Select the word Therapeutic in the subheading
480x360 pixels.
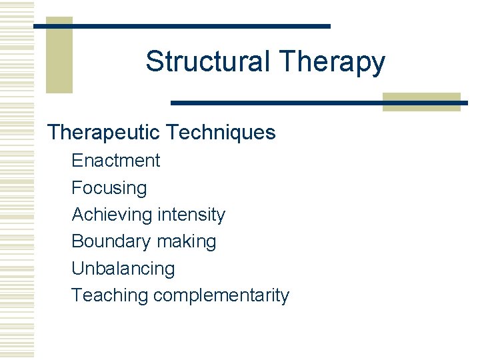point(103,132)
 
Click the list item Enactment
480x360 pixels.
point(115,161)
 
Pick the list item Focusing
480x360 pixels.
point(109,188)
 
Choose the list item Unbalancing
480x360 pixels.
point(123,269)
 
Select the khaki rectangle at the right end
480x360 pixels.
point(421,101)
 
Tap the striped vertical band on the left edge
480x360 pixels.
point(16,180)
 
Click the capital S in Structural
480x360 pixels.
point(154,61)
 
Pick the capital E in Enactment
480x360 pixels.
point(77,161)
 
